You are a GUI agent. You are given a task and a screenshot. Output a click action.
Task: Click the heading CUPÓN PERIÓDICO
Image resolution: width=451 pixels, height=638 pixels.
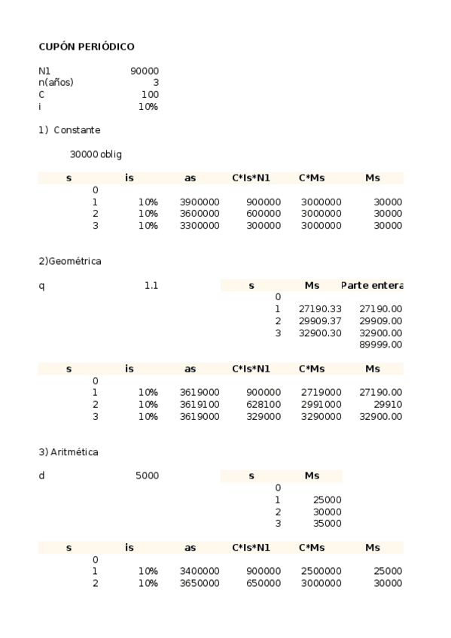[87, 47]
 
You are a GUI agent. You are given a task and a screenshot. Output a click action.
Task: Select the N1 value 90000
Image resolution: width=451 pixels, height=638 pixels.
[145, 71]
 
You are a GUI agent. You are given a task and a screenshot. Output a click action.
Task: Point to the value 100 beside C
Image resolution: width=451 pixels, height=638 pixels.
[150, 95]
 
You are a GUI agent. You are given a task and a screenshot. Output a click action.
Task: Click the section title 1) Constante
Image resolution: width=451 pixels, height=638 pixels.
[69, 130]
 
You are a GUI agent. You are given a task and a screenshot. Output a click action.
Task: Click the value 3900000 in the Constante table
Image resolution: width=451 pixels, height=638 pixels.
[200, 202]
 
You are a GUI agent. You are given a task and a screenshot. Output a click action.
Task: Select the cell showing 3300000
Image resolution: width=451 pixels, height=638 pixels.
[200, 226]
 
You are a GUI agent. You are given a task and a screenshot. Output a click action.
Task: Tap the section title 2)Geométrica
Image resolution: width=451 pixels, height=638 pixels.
[70, 261]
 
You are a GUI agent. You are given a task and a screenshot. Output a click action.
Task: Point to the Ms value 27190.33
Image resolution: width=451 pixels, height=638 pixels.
[320, 309]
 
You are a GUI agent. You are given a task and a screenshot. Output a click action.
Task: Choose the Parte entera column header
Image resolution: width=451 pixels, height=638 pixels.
[371, 285]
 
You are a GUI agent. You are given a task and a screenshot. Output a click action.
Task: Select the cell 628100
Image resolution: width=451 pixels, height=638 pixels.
[264, 404]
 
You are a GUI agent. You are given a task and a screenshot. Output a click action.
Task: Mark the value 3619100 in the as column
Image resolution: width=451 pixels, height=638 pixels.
[200, 404]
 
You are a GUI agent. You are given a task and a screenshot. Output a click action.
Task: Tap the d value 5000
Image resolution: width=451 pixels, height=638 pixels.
[147, 475]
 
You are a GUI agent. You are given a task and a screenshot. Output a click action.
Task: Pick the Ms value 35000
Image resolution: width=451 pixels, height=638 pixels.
[326, 523]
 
